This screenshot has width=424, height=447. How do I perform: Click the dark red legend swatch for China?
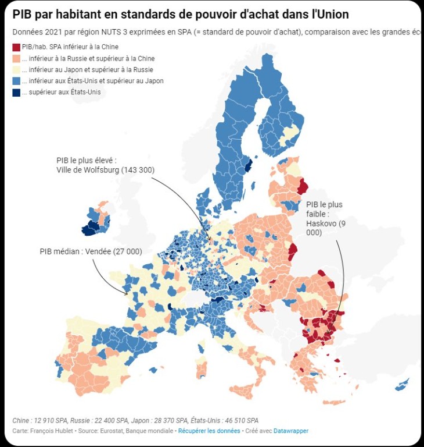(x=16, y=47)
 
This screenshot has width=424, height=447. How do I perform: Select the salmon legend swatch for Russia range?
(x=16, y=59)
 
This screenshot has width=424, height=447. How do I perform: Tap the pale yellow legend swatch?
(x=16, y=70)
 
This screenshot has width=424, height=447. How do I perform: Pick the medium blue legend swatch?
(x=16, y=81)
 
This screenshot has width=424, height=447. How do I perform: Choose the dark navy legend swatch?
(x=16, y=92)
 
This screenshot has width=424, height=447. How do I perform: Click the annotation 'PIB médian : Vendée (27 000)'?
(x=91, y=251)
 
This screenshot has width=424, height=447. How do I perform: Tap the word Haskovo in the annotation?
(x=320, y=223)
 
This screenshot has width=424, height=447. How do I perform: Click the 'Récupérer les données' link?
(x=209, y=431)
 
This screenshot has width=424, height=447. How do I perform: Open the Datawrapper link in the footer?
(x=291, y=431)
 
